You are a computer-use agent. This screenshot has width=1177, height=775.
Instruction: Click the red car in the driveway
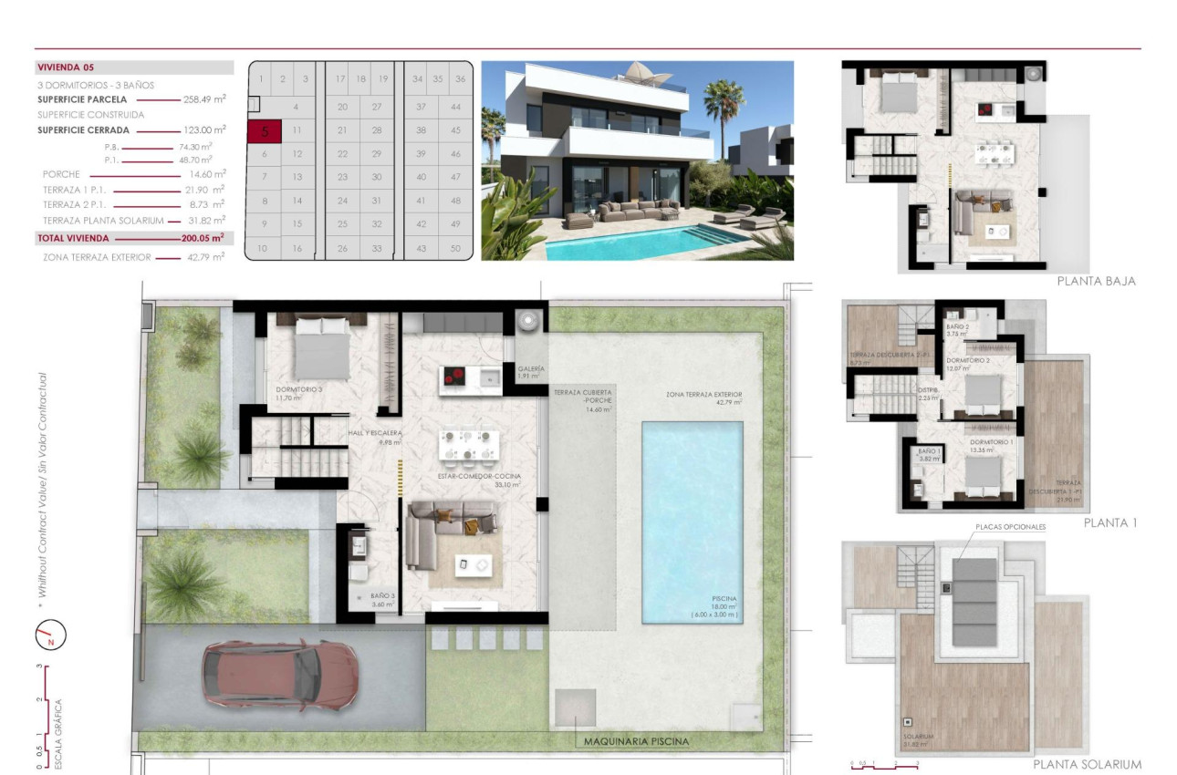click(280, 675)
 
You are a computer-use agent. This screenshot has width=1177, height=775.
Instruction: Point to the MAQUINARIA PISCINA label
click(637, 741)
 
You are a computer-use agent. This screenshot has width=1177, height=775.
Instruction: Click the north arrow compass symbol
click(51, 635)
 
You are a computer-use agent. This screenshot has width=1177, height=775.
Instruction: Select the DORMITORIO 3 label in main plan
click(299, 389)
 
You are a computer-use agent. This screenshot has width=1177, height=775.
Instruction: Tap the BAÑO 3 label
click(382, 596)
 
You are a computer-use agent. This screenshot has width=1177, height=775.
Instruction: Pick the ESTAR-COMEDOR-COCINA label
click(481, 477)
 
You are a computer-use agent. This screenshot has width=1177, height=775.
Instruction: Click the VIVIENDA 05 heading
click(66, 67)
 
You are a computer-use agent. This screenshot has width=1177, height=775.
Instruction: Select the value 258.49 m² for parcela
click(207, 99)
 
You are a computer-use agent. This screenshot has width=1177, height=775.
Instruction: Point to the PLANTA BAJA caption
click(1096, 282)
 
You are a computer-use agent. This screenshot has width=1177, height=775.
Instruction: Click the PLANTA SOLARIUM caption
click(1087, 764)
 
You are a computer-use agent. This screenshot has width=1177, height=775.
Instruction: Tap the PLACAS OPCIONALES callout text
click(1010, 527)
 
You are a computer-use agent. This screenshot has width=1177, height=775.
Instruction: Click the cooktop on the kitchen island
click(455, 376)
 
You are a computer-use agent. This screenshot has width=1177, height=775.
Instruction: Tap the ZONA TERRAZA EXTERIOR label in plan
click(703, 395)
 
